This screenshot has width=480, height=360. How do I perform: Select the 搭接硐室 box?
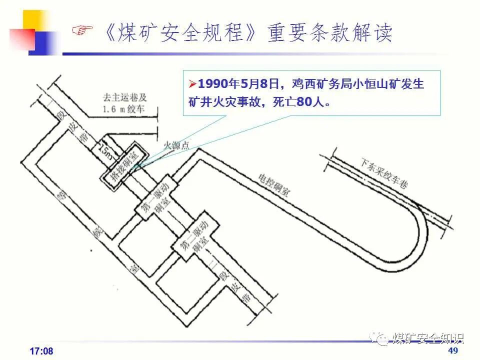click(x=123, y=164)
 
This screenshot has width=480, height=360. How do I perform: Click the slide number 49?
click(x=453, y=350)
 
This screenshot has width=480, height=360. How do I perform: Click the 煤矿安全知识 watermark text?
click(x=428, y=337)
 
